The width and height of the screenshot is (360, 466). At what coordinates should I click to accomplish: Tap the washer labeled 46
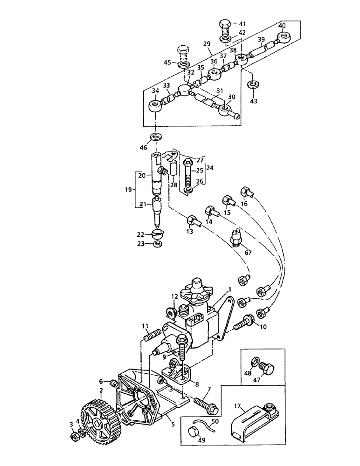pos(155,137)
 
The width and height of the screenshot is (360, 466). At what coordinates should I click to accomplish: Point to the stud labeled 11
pos(152,336)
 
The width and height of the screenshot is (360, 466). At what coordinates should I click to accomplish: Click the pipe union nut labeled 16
pos(246,192)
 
